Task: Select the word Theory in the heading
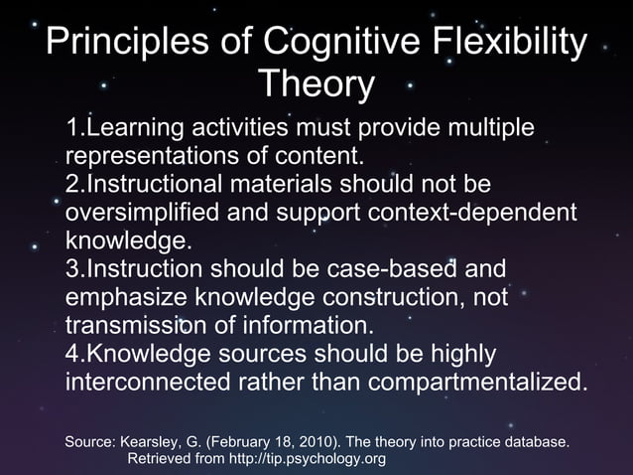click(316, 85)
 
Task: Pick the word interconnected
click(154, 383)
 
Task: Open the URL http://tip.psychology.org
click(308, 459)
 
